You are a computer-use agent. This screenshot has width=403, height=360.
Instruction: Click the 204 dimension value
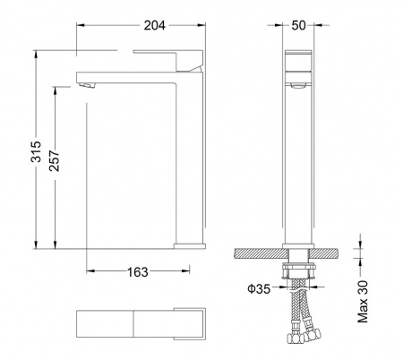point(154,25)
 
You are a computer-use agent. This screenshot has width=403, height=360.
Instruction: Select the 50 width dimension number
point(298,25)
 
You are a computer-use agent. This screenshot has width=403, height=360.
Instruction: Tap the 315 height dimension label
point(36,151)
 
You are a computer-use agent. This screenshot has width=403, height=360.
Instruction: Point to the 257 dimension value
point(55,160)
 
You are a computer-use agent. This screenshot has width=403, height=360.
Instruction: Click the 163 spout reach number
point(138,272)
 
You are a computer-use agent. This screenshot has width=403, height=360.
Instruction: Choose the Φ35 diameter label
point(259,288)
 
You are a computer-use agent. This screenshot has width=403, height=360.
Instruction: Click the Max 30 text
point(363,302)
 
